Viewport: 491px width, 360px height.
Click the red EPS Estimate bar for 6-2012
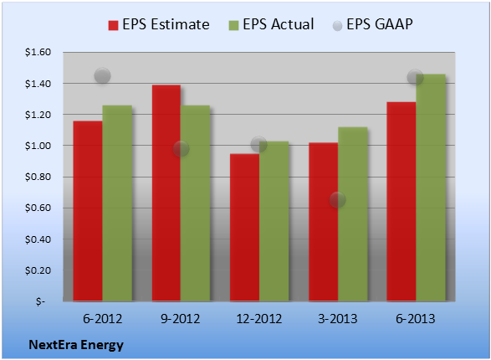(x=88, y=211)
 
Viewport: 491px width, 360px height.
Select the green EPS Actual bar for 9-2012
(x=195, y=203)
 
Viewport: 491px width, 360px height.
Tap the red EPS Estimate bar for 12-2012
(x=244, y=228)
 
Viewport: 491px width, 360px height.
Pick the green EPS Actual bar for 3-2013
(x=353, y=214)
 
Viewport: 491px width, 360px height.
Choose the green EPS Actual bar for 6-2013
(x=431, y=188)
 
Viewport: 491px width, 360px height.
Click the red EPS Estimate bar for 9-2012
(x=166, y=193)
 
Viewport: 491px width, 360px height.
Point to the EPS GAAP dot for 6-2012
(x=102, y=75)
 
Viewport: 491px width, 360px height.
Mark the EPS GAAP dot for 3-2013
(x=338, y=199)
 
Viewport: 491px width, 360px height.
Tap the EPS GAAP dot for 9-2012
(x=181, y=148)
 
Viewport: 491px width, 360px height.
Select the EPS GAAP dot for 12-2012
(x=259, y=145)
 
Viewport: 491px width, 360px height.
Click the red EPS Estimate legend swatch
(x=113, y=25)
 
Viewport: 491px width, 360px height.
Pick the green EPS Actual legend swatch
(x=233, y=25)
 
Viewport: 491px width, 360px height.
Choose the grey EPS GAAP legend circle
(x=337, y=26)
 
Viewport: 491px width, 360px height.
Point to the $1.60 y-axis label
(x=38, y=52)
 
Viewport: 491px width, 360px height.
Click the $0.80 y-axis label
(x=38, y=177)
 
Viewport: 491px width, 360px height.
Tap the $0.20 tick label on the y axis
(x=38, y=270)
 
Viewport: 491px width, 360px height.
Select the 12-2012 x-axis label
(x=259, y=319)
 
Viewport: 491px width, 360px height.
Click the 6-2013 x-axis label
(x=416, y=319)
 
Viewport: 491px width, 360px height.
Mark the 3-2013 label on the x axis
(x=338, y=319)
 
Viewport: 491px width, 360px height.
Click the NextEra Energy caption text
(x=76, y=345)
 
